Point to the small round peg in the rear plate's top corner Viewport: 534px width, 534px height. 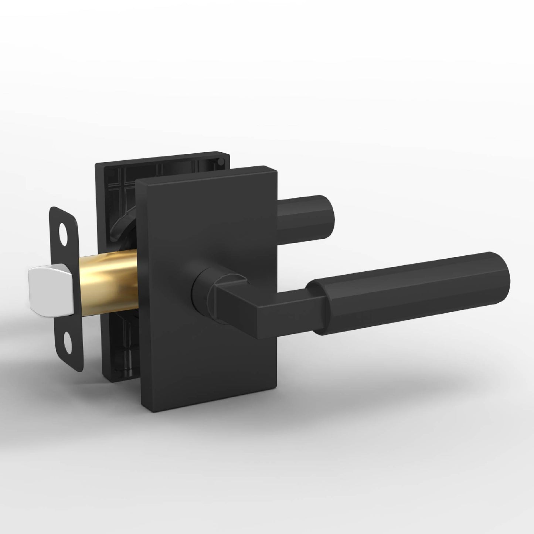click(220, 161)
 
